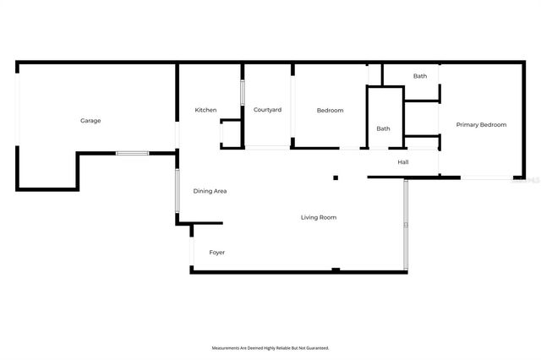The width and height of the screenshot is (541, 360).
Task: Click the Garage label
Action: tap(90, 121)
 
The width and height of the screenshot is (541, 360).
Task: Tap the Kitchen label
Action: tap(205, 110)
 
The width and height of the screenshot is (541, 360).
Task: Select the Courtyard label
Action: tap(267, 110)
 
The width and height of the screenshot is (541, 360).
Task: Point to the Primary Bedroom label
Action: tap(481, 124)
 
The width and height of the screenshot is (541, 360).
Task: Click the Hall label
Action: tap(403, 161)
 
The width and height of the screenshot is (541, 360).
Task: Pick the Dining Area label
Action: tap(210, 191)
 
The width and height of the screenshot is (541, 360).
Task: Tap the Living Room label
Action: tap(319, 217)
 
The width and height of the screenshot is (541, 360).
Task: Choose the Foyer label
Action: tap(217, 252)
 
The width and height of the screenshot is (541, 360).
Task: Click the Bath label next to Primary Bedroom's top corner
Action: tap(420, 76)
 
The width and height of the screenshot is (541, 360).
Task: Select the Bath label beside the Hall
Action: tap(383, 128)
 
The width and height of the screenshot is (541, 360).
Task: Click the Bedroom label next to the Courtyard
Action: tap(330, 110)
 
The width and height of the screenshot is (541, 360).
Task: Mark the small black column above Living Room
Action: tap(336, 177)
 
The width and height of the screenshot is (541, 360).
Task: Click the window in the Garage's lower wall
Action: tap(132, 153)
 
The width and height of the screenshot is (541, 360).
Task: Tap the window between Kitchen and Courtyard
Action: tap(243, 91)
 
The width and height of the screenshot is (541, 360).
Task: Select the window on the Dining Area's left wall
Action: tap(177, 192)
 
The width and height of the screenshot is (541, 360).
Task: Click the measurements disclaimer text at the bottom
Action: tap(270, 347)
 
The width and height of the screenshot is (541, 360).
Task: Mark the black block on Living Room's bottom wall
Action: tap(336, 270)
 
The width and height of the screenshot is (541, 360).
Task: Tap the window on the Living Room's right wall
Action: tap(406, 224)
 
